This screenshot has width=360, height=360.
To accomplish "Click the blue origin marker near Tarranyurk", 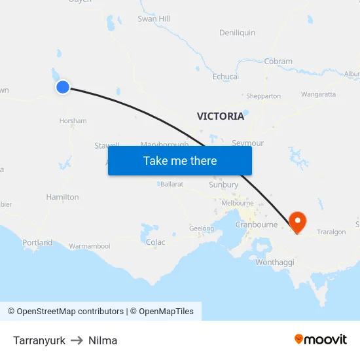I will point(63,87).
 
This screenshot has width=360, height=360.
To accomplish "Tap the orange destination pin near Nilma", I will point(297,221).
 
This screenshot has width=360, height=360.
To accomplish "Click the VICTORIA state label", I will point(221,117).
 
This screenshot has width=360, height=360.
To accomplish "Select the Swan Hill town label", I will point(154,19).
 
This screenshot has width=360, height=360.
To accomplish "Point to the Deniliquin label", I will point(237,33).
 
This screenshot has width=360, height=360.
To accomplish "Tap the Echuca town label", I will point(225,77).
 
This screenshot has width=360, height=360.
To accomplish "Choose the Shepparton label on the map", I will point(263,96).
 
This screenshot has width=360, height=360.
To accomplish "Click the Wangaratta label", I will point(319,94).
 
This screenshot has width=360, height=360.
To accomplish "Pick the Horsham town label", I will point(73,121).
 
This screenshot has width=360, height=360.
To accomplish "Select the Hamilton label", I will point(62,197).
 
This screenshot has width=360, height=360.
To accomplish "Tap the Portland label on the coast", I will point(37,243).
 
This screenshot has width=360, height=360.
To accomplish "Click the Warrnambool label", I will point(90,247).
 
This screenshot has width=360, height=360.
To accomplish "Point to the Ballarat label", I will point(170,185).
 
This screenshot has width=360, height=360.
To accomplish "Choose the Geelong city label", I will point(202,229).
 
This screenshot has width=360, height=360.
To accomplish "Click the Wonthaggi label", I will point(275,262).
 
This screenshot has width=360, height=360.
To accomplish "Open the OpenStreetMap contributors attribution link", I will point(70,312).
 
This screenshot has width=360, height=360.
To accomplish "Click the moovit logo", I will point(321,339).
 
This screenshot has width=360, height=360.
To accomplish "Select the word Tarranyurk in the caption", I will point(39,340).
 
